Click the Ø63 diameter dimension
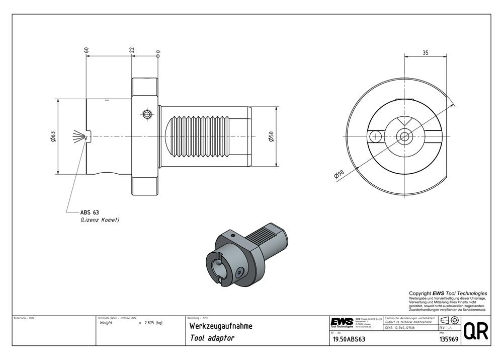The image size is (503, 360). click(53, 136)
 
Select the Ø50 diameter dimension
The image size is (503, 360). click(271, 136)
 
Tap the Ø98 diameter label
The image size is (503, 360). click(339, 174)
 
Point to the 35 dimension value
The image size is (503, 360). click(426, 52)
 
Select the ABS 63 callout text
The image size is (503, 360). click(90, 212)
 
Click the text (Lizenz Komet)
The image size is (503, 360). click(100, 220)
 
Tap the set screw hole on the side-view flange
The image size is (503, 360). click(147, 114)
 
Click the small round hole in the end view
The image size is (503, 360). click(374, 136)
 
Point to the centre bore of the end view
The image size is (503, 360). click(403, 135)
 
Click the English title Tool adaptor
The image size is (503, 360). click(212, 338)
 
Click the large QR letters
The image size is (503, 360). click(475, 331)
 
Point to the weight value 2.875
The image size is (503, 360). click(150, 323)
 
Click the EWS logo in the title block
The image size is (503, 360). click(342, 322)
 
